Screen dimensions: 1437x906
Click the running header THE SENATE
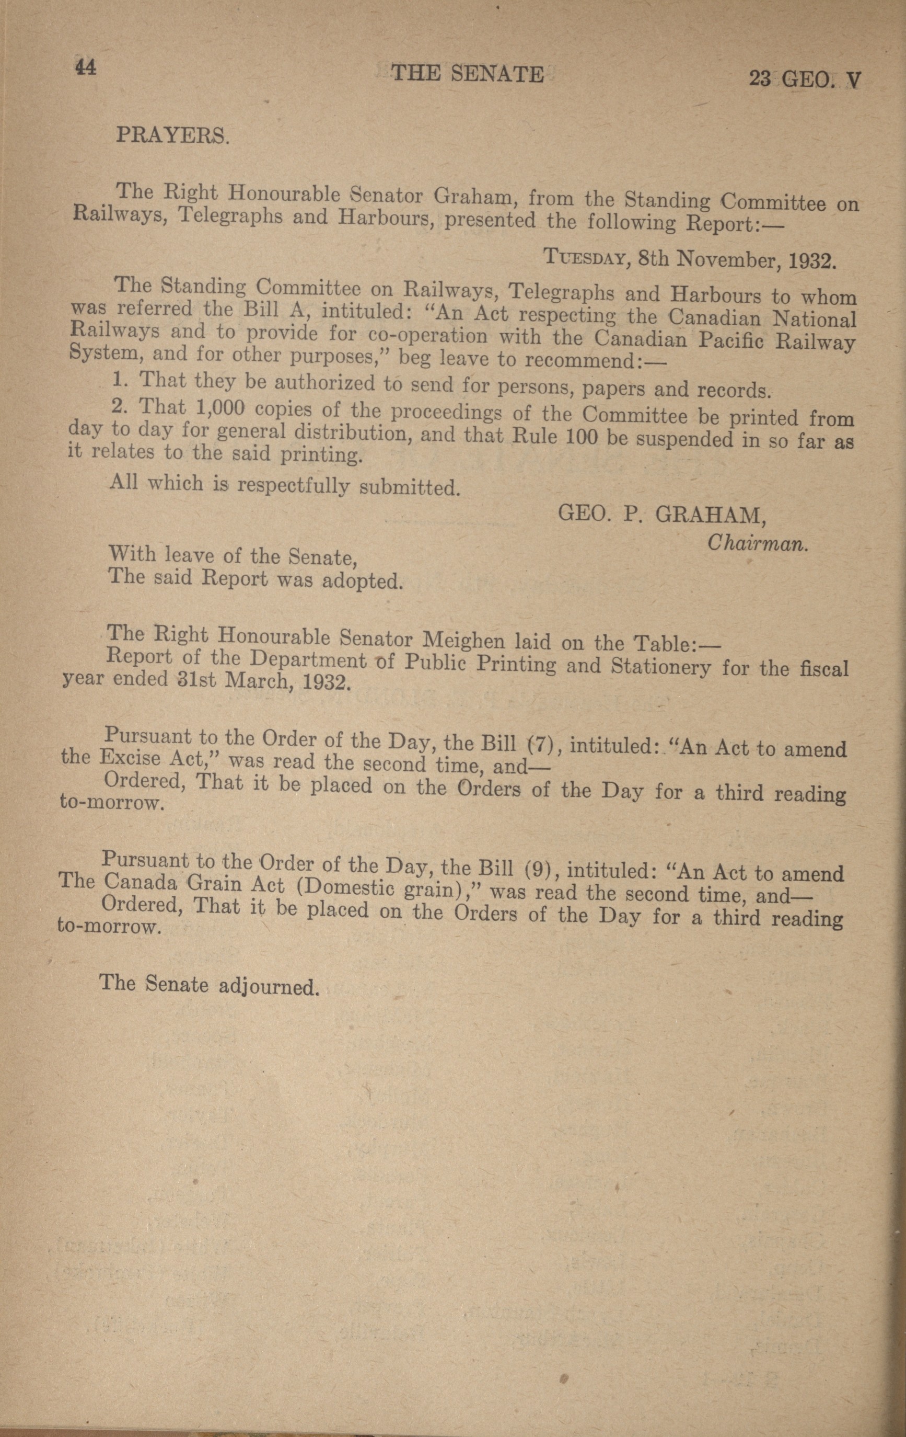pos(467,74)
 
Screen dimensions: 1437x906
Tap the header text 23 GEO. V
pos(805,80)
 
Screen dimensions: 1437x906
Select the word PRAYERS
pos(172,135)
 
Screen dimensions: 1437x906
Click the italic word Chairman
pos(758,543)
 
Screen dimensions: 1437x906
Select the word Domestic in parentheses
pos(346,889)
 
